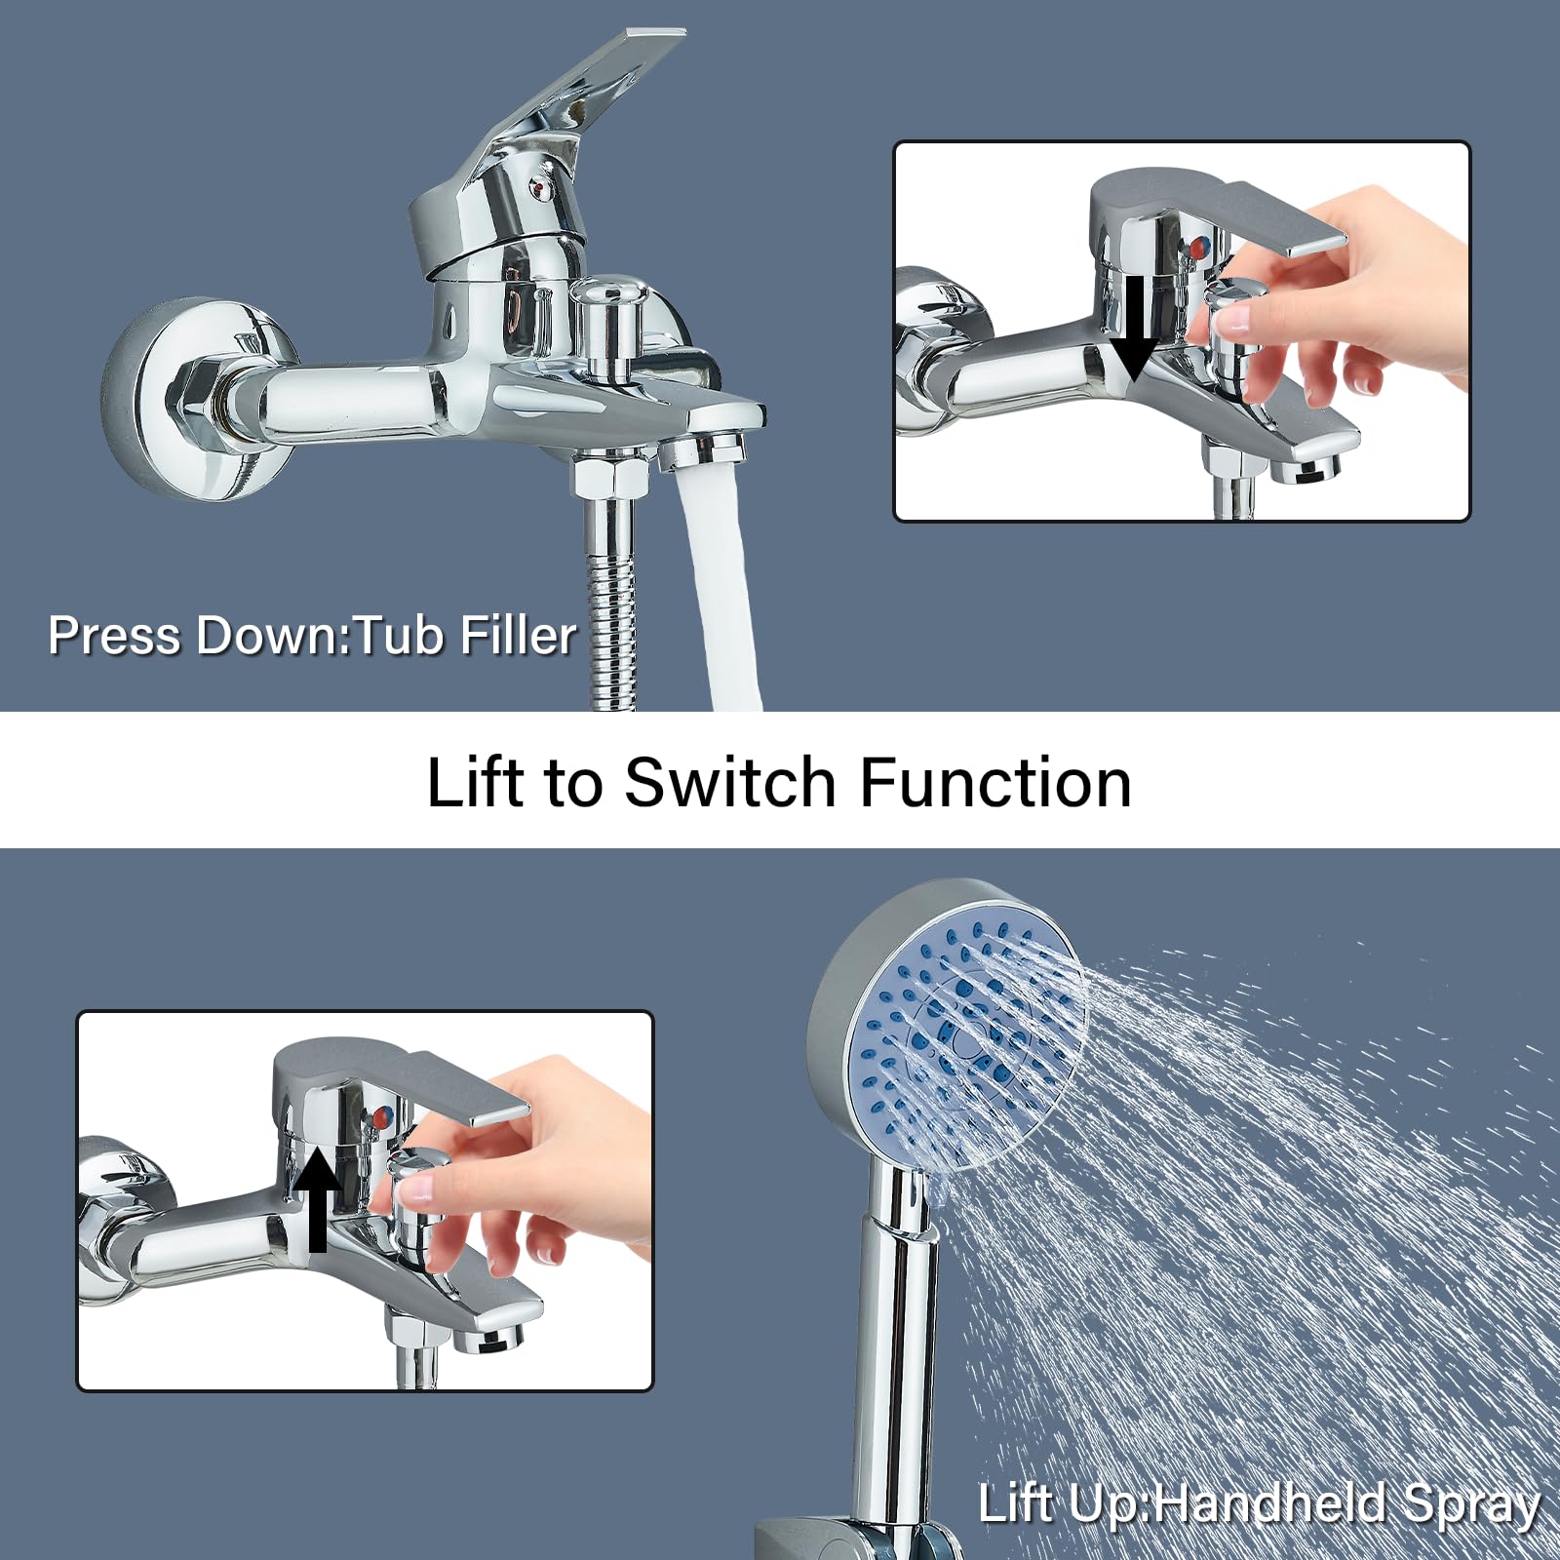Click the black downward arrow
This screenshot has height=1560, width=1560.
pos(1134,331)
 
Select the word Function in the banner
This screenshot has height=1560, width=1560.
pos(995,782)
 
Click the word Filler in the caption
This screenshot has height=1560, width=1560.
pos(518,636)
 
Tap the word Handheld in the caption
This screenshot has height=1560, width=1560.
pos(1269,1503)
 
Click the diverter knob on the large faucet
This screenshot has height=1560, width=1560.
pos(612,322)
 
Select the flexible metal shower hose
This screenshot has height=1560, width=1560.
pos(612,604)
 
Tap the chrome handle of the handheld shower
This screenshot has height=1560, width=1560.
pos(895,1345)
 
